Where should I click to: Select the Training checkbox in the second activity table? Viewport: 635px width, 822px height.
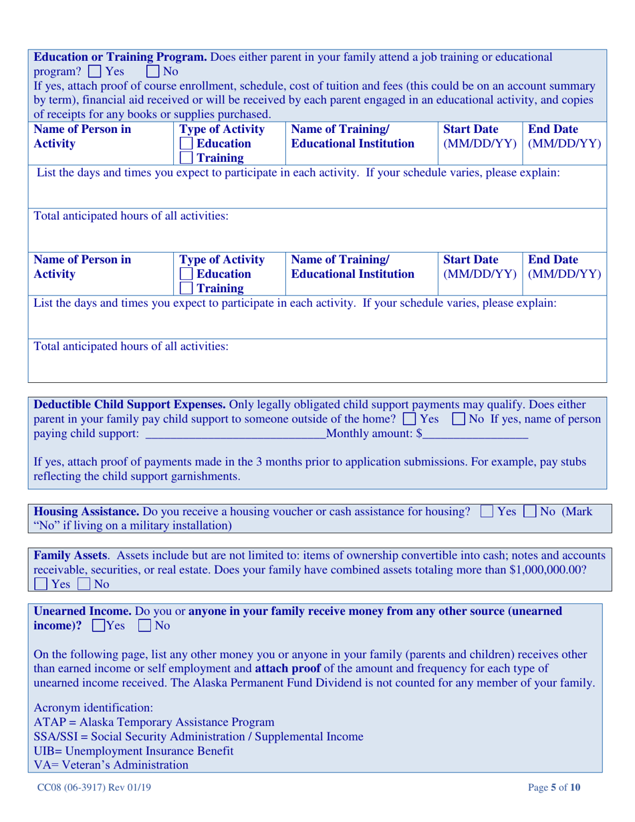[x=186, y=289]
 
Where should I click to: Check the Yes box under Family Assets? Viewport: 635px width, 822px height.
[x=42, y=585]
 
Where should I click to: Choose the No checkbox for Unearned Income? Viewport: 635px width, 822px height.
[x=144, y=627]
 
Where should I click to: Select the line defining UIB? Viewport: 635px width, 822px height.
[x=134, y=751]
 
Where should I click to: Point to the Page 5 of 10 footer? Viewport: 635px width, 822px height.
[x=554, y=788]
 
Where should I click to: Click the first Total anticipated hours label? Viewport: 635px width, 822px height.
[x=131, y=217]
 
